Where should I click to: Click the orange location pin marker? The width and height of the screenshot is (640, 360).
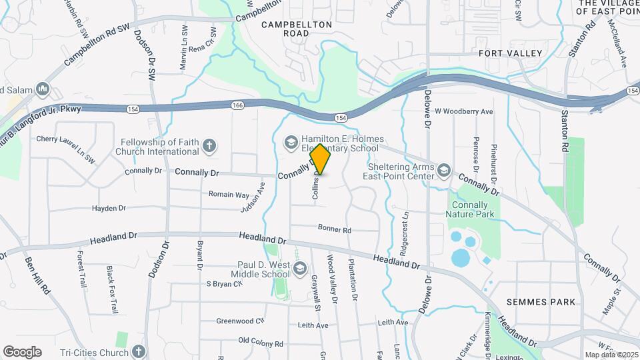tap(321, 159)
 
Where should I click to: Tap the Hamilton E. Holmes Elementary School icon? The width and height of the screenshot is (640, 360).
tap(290, 141)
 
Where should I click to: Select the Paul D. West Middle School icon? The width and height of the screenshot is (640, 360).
tap(299, 268)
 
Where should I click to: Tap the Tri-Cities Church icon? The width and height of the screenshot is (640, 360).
tap(138, 351)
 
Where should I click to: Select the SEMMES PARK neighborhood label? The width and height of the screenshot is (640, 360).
tap(541, 302)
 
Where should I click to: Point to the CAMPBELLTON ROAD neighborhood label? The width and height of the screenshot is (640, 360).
tap(297, 28)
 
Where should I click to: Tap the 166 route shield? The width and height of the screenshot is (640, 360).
tap(237, 105)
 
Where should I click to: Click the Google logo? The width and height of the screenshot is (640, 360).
tap(22, 352)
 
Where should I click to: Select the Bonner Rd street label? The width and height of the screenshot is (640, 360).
tap(334, 229)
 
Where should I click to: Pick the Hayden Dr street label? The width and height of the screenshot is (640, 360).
tap(109, 209)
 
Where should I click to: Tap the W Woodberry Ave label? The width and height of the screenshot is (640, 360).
tap(463, 111)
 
